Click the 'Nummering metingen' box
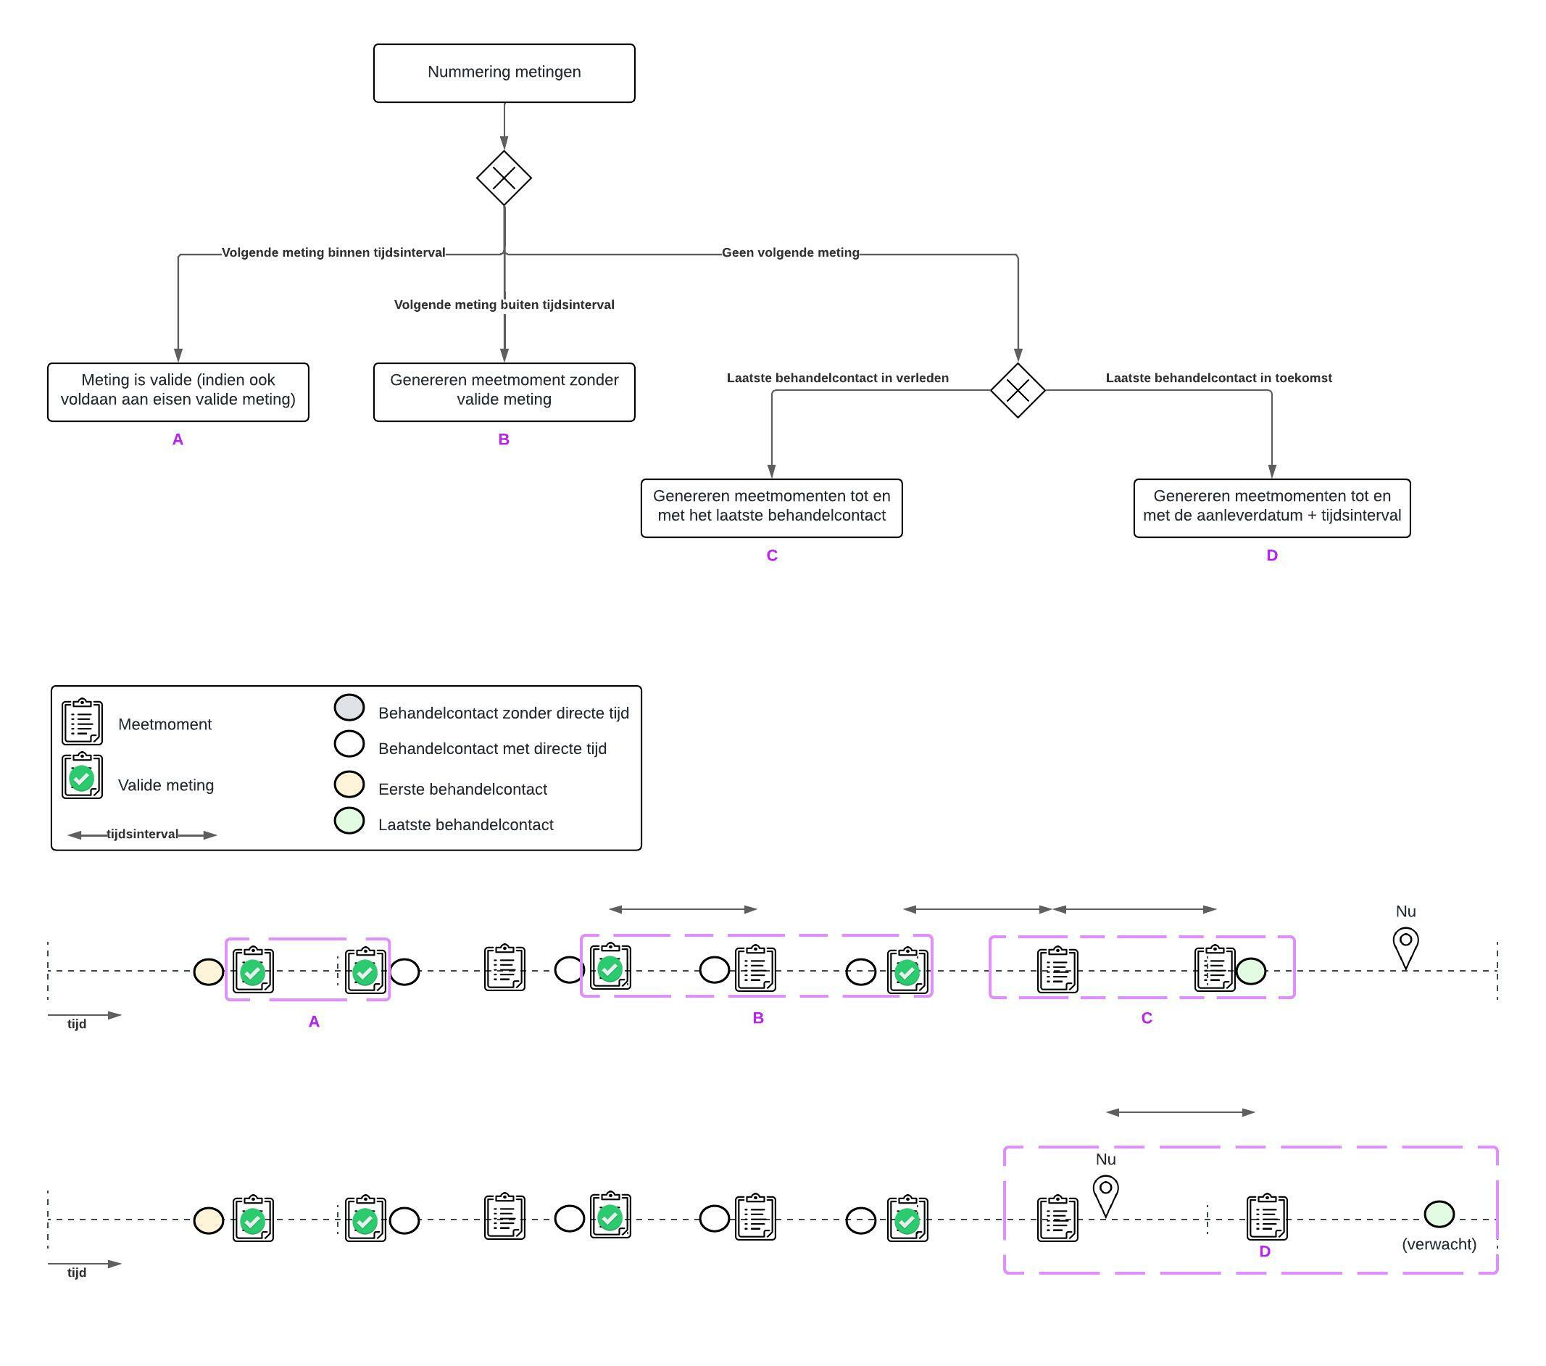(504, 73)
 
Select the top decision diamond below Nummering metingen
(504, 178)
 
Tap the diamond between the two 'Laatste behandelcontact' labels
(1018, 391)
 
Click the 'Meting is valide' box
(178, 392)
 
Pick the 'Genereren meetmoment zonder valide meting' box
(504, 392)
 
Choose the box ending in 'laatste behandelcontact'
(770, 508)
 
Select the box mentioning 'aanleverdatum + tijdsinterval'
(1271, 508)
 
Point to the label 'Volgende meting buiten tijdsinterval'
(504, 305)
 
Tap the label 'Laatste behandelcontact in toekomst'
(1218, 378)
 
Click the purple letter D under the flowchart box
(1271, 555)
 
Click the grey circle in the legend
(349, 708)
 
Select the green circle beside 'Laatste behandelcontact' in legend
(349, 821)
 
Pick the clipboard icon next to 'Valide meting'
(82, 776)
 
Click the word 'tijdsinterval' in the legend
(142, 834)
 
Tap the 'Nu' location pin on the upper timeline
(1405, 946)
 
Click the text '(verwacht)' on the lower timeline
(1439, 1244)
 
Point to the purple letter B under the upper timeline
(758, 1018)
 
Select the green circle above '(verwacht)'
(1439, 1214)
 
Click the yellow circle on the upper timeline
(209, 972)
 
